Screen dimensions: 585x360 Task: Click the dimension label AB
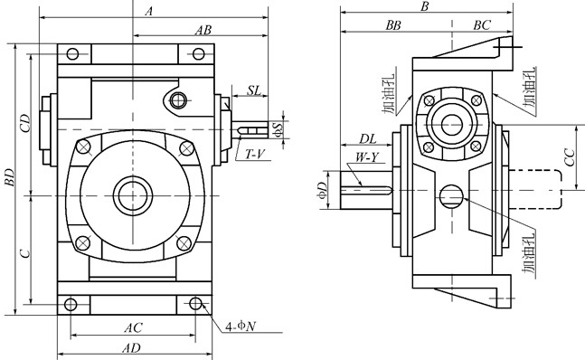tap(203, 30)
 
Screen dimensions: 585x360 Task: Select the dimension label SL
tap(254, 90)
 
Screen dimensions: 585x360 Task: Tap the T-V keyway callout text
tap(255, 154)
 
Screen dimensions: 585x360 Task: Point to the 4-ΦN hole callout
tap(241, 327)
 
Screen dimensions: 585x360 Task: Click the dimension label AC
tap(133, 328)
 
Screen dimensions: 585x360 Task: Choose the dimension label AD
tap(132, 348)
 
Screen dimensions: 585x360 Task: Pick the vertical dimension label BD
tap(9, 177)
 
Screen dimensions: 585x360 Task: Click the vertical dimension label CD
tap(25, 123)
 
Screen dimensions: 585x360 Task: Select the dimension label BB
tap(393, 25)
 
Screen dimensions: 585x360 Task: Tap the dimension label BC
tap(482, 25)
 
